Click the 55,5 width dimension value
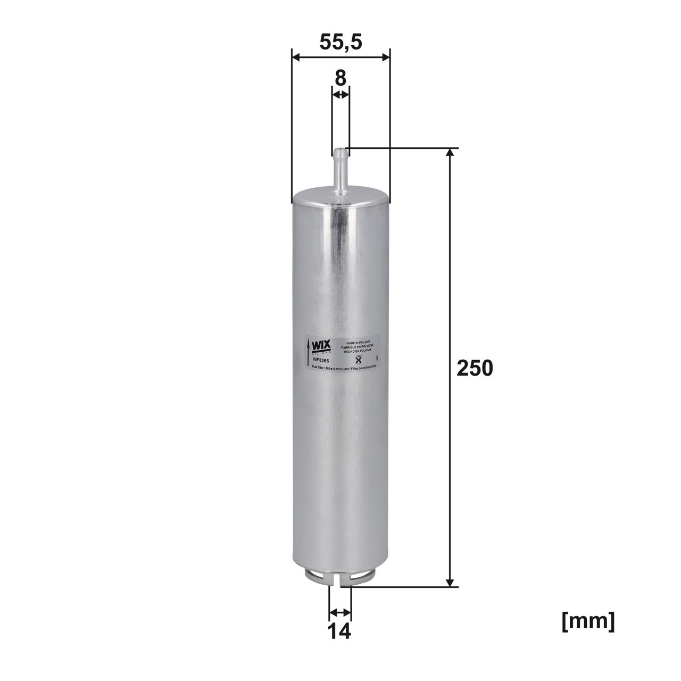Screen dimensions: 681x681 341,41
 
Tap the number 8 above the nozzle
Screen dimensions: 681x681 340,78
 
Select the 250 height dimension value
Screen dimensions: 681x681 475,368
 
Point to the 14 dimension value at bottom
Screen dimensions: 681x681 339,632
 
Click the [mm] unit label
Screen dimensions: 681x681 588,621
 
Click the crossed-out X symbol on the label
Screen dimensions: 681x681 358,360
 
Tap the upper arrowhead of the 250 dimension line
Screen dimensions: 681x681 451,153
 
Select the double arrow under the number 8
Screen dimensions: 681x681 341,95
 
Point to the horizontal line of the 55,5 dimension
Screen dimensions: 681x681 341,57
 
